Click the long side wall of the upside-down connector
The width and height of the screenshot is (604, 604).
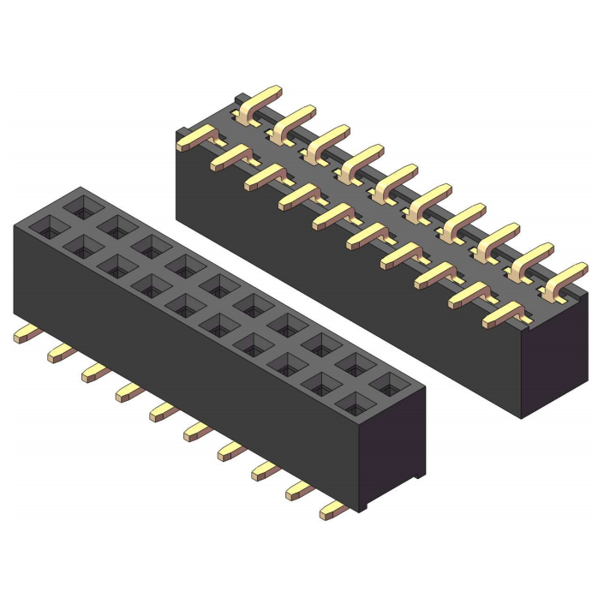click(x=343, y=283)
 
